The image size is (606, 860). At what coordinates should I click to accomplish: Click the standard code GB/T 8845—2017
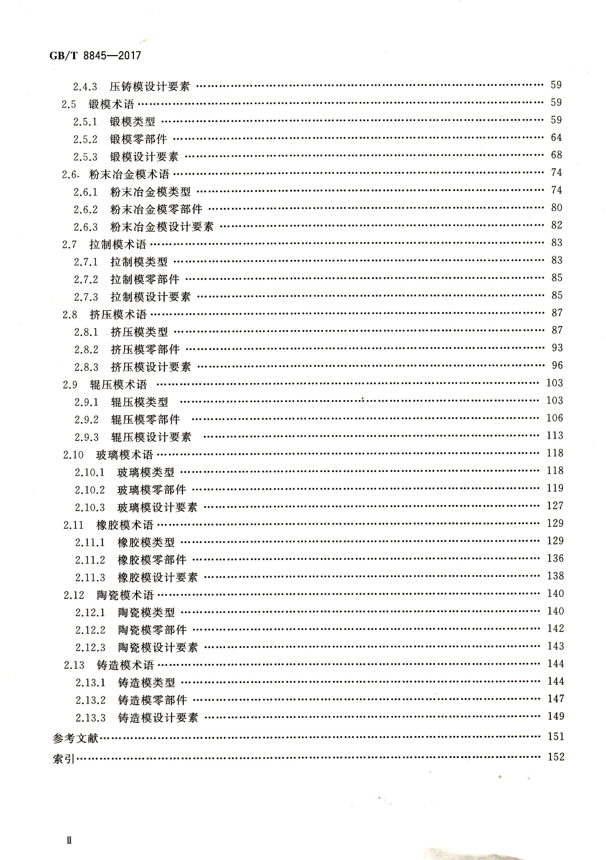tap(95, 56)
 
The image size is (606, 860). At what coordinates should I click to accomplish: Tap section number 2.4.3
tap(85, 87)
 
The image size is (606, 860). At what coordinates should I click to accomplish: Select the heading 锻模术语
tap(111, 104)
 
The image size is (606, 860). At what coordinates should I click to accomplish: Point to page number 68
tap(556, 155)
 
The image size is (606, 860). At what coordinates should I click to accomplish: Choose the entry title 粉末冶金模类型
tap(150, 192)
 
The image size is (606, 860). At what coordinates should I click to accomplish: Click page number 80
tap(557, 208)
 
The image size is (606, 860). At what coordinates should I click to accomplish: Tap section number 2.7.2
tap(86, 279)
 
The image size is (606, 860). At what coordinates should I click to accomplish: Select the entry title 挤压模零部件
tap(145, 349)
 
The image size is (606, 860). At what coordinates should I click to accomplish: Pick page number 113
tap(555, 435)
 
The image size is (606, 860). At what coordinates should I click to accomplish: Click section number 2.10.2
tap(90, 490)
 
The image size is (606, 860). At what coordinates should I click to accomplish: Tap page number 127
tap(555, 506)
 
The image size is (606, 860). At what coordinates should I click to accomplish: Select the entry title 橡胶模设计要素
tap(158, 577)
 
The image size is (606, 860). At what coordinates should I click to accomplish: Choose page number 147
tap(555, 699)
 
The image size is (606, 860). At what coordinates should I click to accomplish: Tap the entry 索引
tap(64, 759)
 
